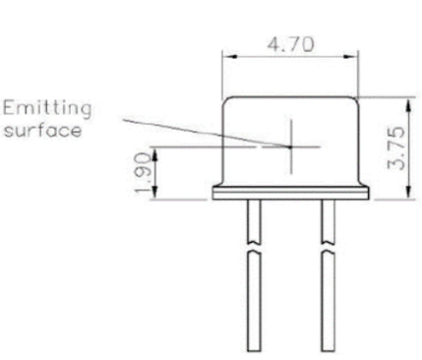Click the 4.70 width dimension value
point(290,44)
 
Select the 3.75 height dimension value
point(395,148)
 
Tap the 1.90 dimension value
point(144,173)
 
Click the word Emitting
point(47,109)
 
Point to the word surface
point(42,130)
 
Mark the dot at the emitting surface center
point(290,148)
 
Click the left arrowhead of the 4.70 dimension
point(230,56)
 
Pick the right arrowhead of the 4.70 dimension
point(350,56)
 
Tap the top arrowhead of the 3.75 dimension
point(408,105)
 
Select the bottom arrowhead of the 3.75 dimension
point(408,192)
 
